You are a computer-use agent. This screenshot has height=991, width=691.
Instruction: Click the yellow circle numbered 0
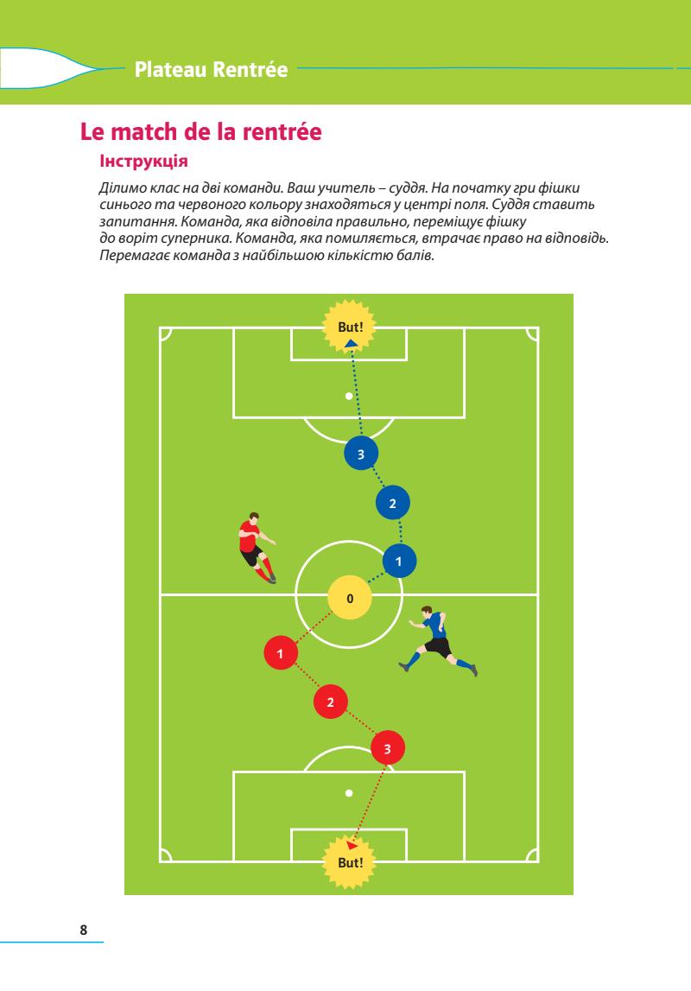tap(349, 598)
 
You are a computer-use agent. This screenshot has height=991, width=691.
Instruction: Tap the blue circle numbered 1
tap(399, 562)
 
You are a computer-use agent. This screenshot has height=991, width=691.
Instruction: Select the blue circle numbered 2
tap(392, 503)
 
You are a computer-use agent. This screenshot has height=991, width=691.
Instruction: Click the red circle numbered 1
tap(280, 653)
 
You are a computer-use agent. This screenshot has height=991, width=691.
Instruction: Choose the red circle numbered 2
tap(330, 702)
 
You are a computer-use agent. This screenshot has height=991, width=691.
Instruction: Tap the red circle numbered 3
tap(387, 748)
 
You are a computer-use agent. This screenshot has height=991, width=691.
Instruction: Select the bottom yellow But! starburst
tap(349, 861)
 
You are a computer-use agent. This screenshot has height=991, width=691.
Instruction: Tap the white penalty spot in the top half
tap(349, 397)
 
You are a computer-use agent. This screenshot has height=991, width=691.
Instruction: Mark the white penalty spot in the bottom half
tap(349, 792)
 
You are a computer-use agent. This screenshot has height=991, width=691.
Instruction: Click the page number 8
tap(83, 930)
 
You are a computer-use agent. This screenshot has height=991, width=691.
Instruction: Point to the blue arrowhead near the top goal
tap(350, 344)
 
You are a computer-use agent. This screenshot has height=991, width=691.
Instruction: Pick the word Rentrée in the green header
tap(250, 68)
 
